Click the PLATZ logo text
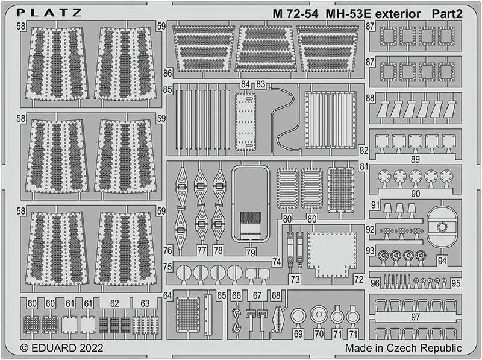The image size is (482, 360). click(49, 13)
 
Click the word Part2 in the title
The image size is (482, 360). click(446, 14)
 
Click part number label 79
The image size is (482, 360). click(251, 252)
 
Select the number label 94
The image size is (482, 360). click(442, 261)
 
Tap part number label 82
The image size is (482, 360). click(363, 150)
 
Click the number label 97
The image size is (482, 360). click(415, 317)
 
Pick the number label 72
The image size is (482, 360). click(358, 279)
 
